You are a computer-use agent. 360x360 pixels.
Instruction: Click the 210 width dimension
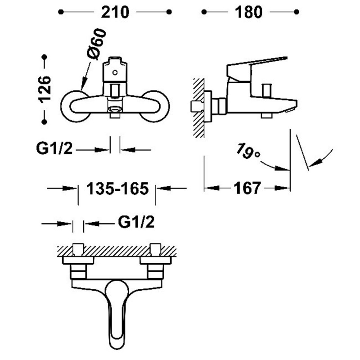click(115, 12)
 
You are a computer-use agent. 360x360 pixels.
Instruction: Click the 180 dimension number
click(248, 12)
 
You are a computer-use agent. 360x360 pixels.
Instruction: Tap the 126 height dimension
click(45, 89)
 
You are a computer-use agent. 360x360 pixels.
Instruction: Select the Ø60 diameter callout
click(97, 44)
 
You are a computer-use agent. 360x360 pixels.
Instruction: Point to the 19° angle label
click(248, 151)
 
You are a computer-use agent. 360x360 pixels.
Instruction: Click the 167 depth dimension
click(247, 188)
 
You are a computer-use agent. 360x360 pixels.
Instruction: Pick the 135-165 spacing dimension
click(117, 189)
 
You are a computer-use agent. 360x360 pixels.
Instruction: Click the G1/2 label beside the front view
click(54, 148)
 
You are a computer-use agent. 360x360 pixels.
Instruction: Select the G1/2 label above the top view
click(136, 222)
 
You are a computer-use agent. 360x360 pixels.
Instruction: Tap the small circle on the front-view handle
click(115, 73)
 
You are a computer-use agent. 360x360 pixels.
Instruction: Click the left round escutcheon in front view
click(75, 106)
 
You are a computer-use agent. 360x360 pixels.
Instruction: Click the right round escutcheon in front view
click(155, 106)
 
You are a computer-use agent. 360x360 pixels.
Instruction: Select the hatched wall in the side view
click(198, 108)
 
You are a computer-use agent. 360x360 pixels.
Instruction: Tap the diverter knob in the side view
click(266, 90)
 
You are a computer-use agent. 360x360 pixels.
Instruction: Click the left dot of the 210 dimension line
click(61, 12)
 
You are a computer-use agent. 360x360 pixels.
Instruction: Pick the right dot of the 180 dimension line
click(297, 12)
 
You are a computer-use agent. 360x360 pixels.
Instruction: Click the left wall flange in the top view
click(78, 261)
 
